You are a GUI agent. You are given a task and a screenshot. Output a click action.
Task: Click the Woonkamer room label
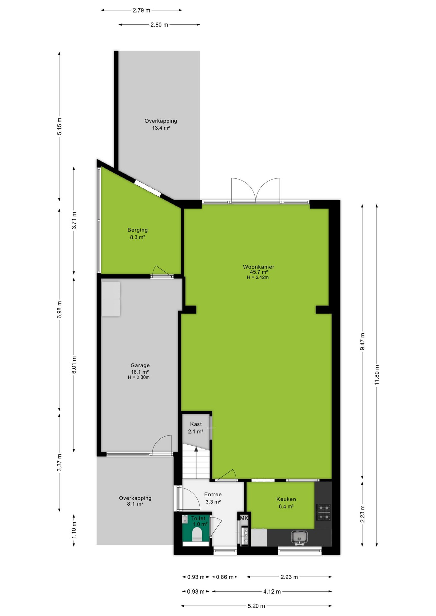(258, 267)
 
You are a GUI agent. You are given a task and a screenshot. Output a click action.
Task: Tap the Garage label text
(140, 365)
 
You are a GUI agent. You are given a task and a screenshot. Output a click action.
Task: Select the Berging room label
(137, 230)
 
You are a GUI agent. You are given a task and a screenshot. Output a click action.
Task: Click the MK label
(244, 518)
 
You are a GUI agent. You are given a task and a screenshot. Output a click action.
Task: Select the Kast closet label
(196, 424)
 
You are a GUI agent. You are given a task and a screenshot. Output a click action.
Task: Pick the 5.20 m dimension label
(256, 606)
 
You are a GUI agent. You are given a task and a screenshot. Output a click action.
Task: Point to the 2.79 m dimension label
(142, 10)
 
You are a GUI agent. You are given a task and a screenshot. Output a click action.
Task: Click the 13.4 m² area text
(161, 128)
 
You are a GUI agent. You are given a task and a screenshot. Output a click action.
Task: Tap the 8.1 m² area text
(135, 504)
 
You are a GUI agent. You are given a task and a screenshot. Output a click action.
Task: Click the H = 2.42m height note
(258, 277)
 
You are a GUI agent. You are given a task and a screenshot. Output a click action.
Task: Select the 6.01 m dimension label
(74, 365)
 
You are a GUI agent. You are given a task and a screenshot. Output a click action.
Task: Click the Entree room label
(213, 494)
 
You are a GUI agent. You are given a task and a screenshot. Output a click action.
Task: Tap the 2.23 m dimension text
(362, 514)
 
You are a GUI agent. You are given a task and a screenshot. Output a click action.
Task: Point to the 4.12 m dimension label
(272, 591)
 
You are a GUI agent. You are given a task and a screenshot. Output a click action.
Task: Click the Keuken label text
(286, 499)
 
